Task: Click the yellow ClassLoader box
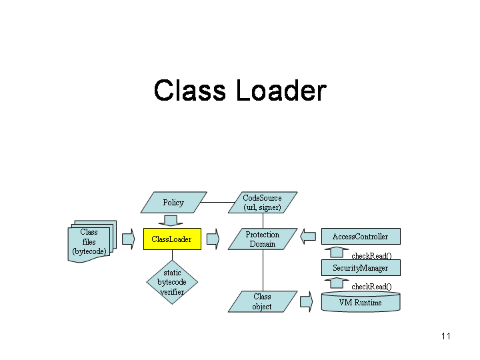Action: [x=171, y=239]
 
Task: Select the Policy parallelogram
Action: [x=173, y=203]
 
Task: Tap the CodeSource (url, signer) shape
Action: [x=262, y=203]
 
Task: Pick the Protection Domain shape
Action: [x=262, y=239]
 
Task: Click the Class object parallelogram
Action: [x=262, y=301]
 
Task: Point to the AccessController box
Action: [x=360, y=237]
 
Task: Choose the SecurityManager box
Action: [x=360, y=268]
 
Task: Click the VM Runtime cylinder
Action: [x=360, y=303]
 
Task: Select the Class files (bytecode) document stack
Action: [x=90, y=242]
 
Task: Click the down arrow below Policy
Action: [x=171, y=221]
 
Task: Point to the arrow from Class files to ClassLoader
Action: [x=128, y=239]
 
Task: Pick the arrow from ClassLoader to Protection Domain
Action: [x=213, y=239]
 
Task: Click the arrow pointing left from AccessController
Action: [x=307, y=236]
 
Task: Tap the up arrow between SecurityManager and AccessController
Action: [x=336, y=253]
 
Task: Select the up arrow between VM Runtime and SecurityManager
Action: [x=336, y=284]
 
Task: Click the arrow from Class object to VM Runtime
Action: [x=306, y=301]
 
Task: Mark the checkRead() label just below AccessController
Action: [x=371, y=255]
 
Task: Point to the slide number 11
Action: [x=446, y=336]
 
